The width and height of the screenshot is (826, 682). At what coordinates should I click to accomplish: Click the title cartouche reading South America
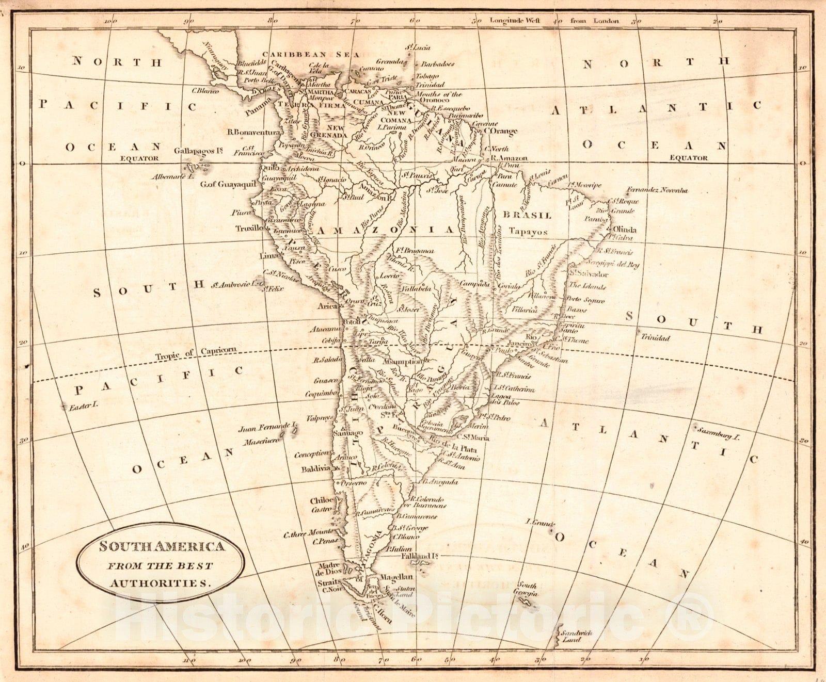[161, 564]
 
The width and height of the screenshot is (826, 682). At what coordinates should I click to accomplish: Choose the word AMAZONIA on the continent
[385, 230]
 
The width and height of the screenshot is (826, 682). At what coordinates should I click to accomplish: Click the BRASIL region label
[527, 215]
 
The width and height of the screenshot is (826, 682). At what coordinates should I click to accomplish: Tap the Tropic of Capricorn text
[196, 353]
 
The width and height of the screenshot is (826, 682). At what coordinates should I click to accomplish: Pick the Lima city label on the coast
[268, 256]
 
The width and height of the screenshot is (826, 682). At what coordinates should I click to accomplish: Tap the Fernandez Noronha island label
[657, 190]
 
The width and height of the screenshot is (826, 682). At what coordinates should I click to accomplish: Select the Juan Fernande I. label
[267, 428]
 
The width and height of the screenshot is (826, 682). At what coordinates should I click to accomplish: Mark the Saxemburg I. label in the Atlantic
[718, 433]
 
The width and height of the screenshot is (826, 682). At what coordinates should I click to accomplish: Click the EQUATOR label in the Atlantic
[688, 158]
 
